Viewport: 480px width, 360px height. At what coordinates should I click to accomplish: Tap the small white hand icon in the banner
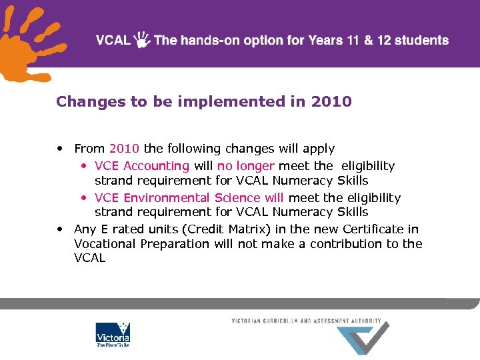[142, 40]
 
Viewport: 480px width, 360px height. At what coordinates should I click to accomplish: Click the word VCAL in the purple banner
[113, 40]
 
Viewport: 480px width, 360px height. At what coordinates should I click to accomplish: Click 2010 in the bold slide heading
[331, 101]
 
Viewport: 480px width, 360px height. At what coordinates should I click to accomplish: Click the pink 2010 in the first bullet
[125, 149]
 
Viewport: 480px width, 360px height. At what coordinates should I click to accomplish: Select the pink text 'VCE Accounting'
[142, 166]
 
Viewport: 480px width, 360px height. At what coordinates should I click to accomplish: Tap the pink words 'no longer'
[246, 166]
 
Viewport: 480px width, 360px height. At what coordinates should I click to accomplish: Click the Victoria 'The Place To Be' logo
[113, 335]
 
